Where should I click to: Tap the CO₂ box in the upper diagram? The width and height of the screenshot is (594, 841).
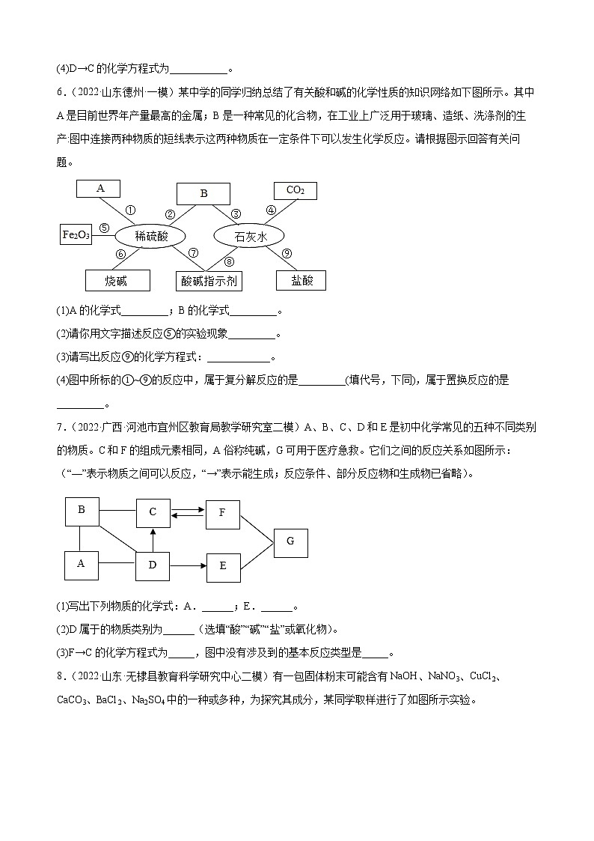[296, 190]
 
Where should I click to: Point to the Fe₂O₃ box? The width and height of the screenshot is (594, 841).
[76, 234]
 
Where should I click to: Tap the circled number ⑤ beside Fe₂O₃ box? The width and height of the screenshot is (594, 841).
[103, 229]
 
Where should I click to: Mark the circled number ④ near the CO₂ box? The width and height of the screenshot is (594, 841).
[271, 210]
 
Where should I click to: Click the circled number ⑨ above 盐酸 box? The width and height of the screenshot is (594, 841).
[287, 254]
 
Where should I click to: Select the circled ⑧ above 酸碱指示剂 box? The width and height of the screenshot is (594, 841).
[229, 261]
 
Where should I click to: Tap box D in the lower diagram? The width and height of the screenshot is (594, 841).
[153, 565]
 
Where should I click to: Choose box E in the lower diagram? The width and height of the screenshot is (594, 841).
[223, 566]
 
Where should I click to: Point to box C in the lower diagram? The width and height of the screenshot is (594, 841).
[153, 512]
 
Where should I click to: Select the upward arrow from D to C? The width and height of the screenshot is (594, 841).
[153, 538]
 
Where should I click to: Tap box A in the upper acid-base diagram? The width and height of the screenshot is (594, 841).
[101, 189]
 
